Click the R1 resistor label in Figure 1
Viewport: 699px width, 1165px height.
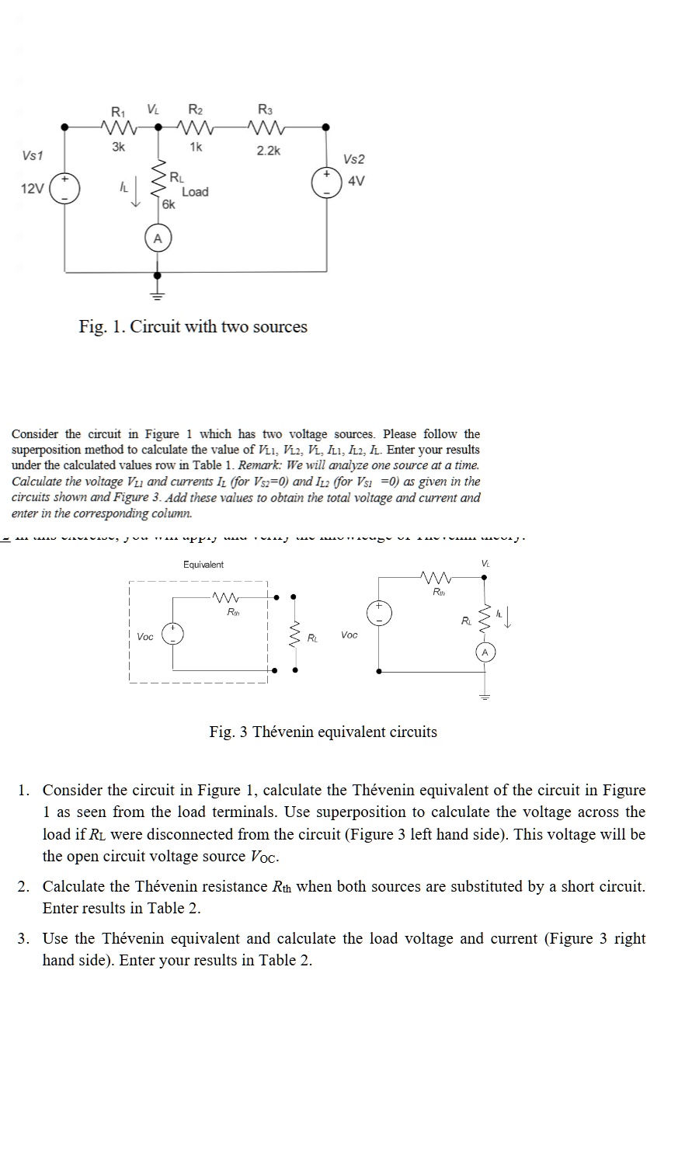(x=118, y=110)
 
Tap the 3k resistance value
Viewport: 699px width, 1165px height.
(x=117, y=146)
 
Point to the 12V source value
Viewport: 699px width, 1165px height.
(x=33, y=189)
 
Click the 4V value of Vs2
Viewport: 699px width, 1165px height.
(x=356, y=181)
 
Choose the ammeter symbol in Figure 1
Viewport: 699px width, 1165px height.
(x=158, y=238)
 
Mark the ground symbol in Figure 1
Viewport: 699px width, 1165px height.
(x=158, y=294)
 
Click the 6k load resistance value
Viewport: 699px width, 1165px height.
(x=169, y=204)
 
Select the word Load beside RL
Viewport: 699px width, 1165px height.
(x=195, y=192)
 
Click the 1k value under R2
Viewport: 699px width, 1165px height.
(x=195, y=146)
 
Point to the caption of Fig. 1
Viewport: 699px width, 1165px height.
(x=193, y=327)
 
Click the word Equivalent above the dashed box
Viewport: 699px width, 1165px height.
(x=203, y=565)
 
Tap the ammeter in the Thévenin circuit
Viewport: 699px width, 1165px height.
(x=485, y=652)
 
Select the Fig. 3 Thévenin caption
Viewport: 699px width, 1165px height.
(x=323, y=732)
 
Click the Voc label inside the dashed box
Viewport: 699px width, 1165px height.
(x=145, y=637)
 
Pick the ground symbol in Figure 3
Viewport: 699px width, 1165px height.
(x=485, y=696)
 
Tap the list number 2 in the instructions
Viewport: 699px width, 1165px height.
(x=25, y=886)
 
